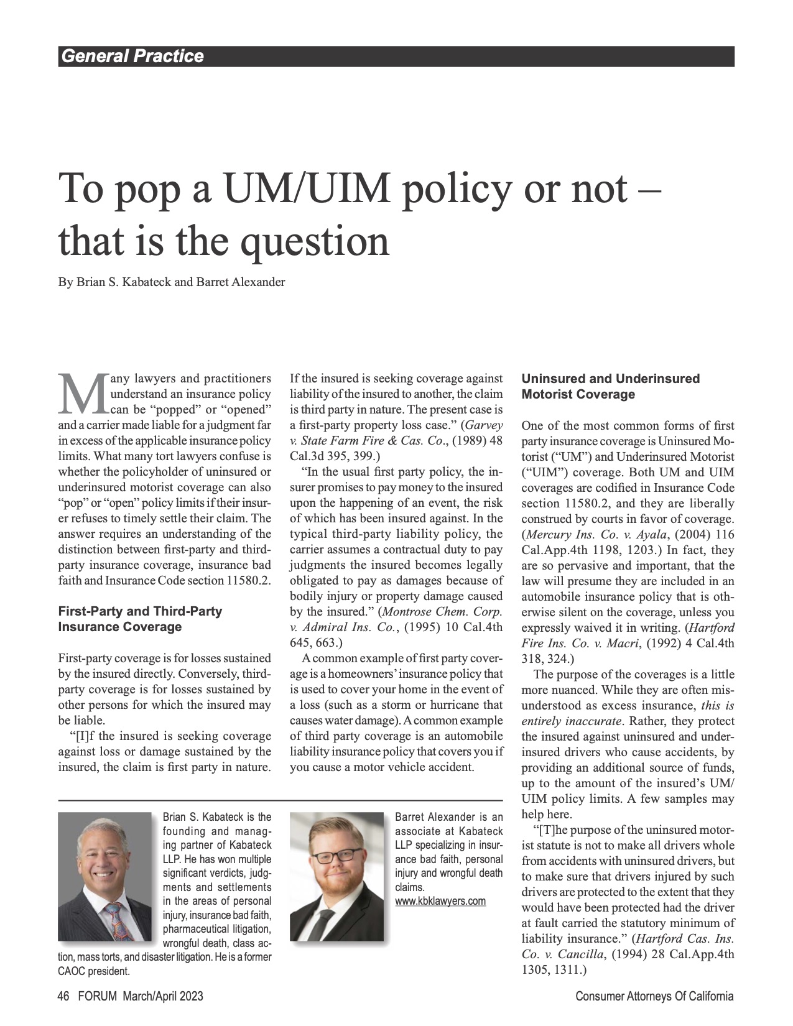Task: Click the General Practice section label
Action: click(131, 57)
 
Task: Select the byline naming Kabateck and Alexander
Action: click(172, 282)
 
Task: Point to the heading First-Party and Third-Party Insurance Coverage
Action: click(140, 619)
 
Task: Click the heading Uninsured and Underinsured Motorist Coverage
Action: click(610, 386)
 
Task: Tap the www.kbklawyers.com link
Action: click(440, 901)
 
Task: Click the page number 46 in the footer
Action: click(63, 996)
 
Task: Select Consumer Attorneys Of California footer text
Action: click(654, 996)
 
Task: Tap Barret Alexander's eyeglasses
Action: click(336, 856)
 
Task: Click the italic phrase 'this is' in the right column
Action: click(718, 706)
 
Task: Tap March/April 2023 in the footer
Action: click(163, 996)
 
